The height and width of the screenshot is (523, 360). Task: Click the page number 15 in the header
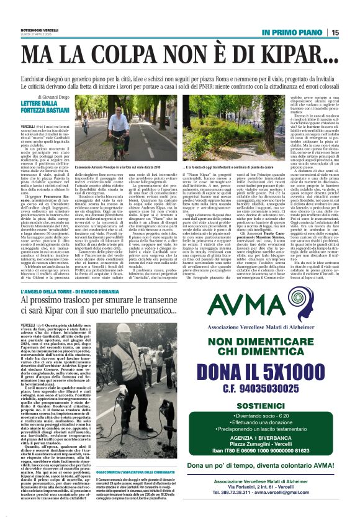(351, 32)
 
